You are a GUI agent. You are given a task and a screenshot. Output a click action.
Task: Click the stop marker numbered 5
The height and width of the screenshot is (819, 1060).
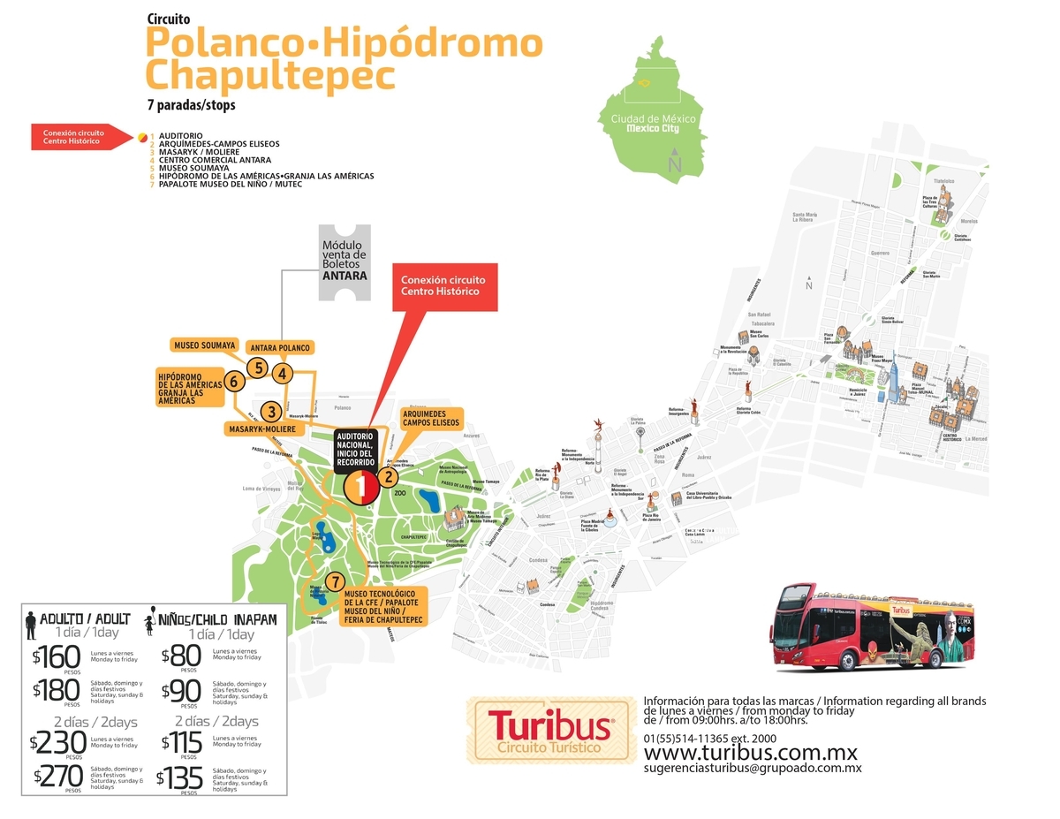(x=256, y=368)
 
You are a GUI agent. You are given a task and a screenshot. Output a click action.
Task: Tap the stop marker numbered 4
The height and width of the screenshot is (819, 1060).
(x=282, y=374)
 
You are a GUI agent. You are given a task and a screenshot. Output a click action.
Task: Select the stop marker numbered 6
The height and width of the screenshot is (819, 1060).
(x=233, y=382)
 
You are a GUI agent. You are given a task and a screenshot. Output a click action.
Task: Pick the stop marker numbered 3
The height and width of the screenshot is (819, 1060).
(x=271, y=412)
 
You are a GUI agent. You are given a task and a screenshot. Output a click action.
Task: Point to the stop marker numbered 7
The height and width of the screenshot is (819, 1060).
(x=334, y=581)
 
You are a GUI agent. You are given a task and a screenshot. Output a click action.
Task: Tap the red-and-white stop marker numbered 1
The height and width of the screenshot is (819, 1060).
(x=360, y=485)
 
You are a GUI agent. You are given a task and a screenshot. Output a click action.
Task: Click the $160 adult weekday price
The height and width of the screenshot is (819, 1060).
(x=55, y=656)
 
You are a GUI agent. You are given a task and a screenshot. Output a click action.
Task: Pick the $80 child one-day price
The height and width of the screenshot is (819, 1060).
(x=180, y=656)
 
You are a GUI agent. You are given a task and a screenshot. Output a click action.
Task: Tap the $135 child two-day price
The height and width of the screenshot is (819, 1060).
(x=180, y=777)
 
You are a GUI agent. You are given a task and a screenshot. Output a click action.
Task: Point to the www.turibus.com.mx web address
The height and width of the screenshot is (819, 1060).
(x=751, y=753)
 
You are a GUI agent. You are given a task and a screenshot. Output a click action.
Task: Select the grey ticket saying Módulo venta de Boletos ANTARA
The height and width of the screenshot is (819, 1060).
(x=344, y=260)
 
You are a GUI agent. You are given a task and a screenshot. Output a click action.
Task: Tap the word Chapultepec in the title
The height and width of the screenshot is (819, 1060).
(x=269, y=75)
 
